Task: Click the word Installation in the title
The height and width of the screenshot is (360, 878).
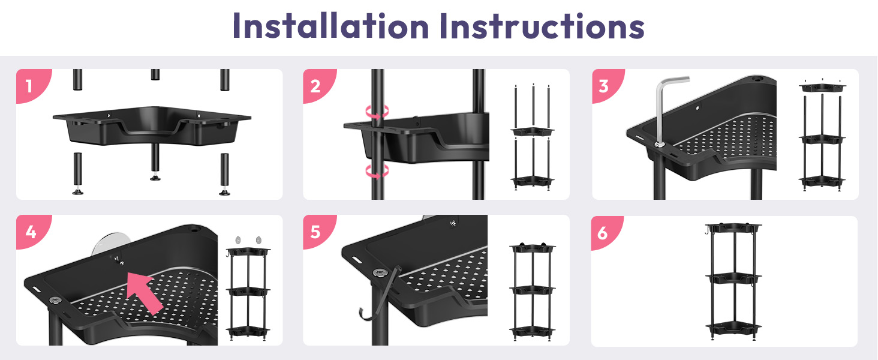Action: [330, 25]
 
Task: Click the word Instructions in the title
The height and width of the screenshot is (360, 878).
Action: [542, 25]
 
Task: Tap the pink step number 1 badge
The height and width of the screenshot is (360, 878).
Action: [31, 85]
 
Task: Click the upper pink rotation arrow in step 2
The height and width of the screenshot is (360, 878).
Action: [377, 112]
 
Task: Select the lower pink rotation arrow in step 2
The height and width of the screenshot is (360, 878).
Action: [377, 172]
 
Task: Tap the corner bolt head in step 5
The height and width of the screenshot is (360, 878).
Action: [380, 272]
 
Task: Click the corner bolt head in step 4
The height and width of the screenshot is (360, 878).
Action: [55, 301]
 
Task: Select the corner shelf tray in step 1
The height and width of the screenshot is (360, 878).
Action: [152, 125]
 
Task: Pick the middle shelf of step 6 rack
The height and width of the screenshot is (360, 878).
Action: [733, 278]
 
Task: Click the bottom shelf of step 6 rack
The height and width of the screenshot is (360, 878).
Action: [733, 328]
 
